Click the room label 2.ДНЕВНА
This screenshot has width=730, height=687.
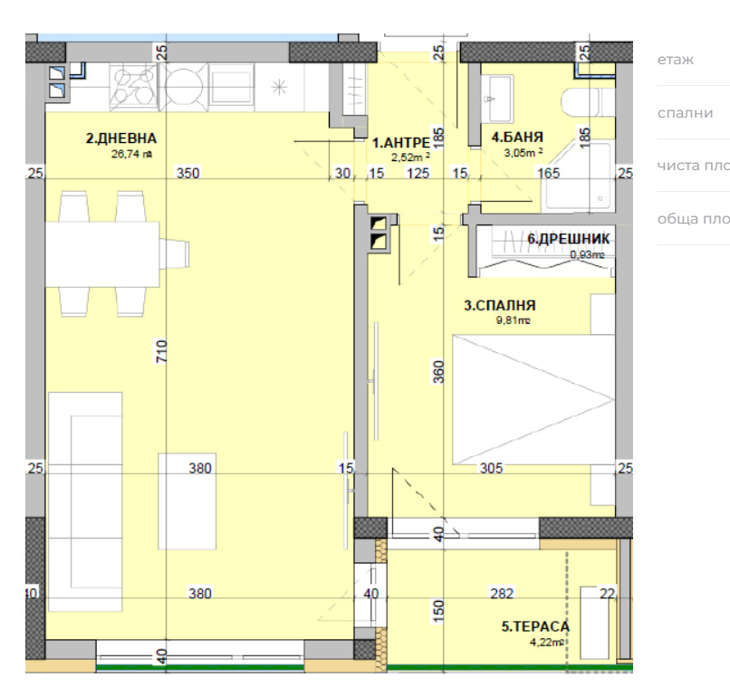(121, 138)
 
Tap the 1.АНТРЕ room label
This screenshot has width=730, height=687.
(400, 142)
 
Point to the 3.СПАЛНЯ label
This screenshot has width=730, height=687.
(500, 306)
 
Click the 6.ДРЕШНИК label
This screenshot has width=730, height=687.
(568, 239)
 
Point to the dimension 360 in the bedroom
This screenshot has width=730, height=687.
(439, 374)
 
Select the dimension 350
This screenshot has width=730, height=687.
(187, 174)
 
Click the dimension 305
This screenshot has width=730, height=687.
(491, 468)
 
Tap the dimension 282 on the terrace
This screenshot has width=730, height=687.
(501, 594)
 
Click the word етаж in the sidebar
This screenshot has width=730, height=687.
(675, 60)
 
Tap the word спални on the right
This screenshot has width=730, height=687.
(685, 113)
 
